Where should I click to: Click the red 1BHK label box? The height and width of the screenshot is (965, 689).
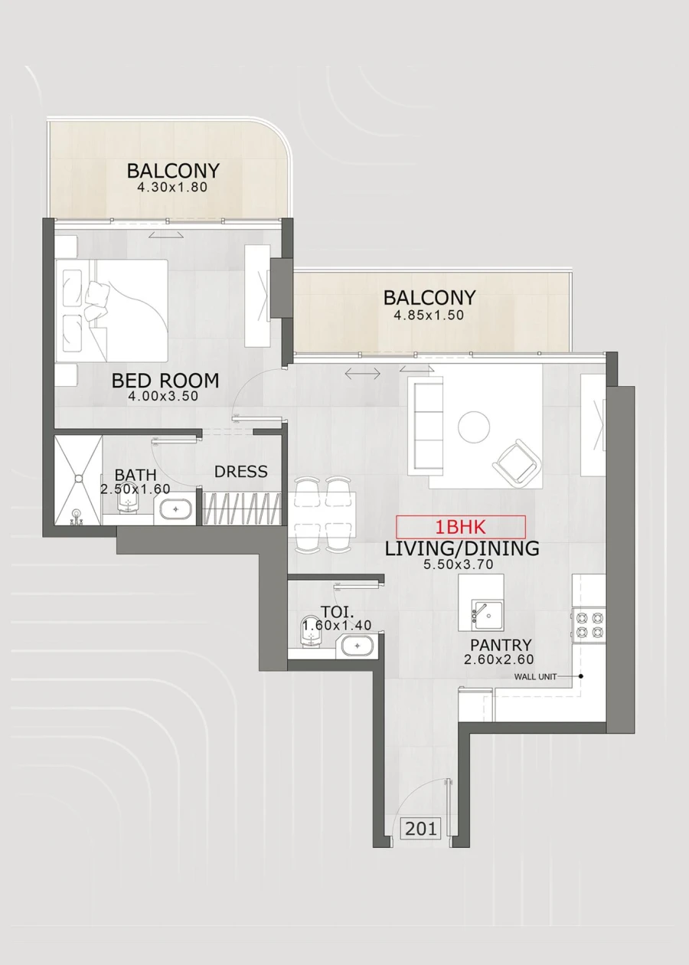coord(461,527)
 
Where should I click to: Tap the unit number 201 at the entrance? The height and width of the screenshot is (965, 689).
coord(421,828)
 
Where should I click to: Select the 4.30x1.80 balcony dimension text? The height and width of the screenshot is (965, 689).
coord(173,186)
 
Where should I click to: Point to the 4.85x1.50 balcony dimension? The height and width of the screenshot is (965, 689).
coord(429,314)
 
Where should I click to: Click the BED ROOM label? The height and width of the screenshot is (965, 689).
coord(165,380)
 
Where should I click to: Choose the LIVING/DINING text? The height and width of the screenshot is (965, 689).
coord(462,548)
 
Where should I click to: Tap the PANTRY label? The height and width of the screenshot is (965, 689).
coord(501,645)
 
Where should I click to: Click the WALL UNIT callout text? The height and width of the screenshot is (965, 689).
coord(535,676)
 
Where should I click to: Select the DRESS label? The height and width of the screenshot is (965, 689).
coord(241,472)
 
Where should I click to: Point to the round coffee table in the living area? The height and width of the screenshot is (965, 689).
coord(474,427)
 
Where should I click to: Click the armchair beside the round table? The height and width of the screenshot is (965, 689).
coord(518,462)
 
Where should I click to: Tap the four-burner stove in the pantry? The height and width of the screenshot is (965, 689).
coord(589,624)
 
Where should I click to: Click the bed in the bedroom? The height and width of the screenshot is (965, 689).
coord(112,310)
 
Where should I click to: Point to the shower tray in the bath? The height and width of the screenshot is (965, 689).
coord(78,479)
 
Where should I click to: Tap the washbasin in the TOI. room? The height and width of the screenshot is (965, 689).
coord(354,646)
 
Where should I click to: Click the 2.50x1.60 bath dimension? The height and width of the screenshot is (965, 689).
coord(135,488)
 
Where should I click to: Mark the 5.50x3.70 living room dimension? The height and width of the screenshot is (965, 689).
coord(458,564)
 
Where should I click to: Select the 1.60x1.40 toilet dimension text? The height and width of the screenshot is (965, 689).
coord(337,625)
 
